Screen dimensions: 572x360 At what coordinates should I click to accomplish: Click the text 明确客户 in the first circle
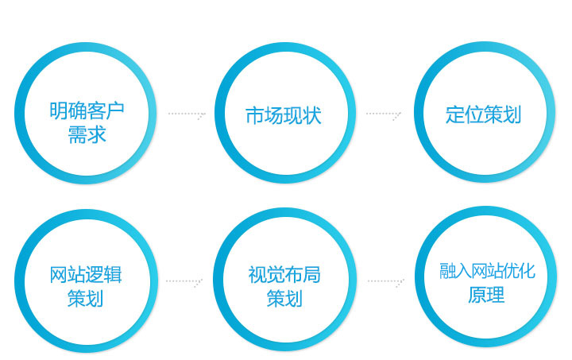(x=87, y=110)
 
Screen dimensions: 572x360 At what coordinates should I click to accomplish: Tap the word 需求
(x=87, y=134)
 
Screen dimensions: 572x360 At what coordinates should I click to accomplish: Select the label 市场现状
(x=284, y=115)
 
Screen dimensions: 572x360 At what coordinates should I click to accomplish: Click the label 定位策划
(x=483, y=114)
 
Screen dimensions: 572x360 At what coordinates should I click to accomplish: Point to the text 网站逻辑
(x=86, y=274)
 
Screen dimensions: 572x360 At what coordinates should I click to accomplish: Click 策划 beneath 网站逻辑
(x=86, y=298)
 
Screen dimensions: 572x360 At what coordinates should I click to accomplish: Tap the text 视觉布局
(x=284, y=274)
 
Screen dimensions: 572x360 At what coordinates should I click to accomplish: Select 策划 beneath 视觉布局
(x=284, y=298)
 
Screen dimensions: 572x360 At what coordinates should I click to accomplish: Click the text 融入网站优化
(x=487, y=271)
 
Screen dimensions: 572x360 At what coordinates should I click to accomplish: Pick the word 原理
(x=487, y=294)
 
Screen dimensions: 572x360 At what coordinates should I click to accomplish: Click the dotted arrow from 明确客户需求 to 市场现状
(x=187, y=114)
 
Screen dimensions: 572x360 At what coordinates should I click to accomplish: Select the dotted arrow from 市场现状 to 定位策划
(x=384, y=114)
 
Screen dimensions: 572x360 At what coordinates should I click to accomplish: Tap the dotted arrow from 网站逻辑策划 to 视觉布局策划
(x=184, y=281)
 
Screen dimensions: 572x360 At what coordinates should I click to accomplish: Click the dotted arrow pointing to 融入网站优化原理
(x=386, y=281)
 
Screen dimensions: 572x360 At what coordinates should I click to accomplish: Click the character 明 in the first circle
(x=59, y=110)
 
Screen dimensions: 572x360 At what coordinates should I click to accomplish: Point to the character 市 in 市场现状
(x=255, y=115)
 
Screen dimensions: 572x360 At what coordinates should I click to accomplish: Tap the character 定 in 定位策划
(x=454, y=114)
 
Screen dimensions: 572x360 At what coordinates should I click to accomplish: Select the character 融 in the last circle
(x=447, y=271)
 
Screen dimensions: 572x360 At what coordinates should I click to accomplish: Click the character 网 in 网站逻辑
(x=59, y=274)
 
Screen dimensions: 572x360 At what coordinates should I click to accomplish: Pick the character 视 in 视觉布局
(x=257, y=274)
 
